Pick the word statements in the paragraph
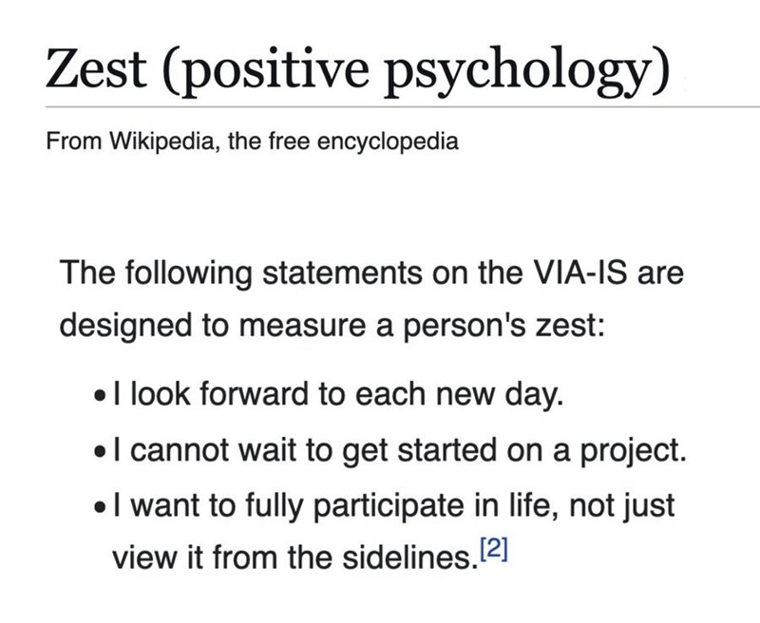click(x=349, y=274)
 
